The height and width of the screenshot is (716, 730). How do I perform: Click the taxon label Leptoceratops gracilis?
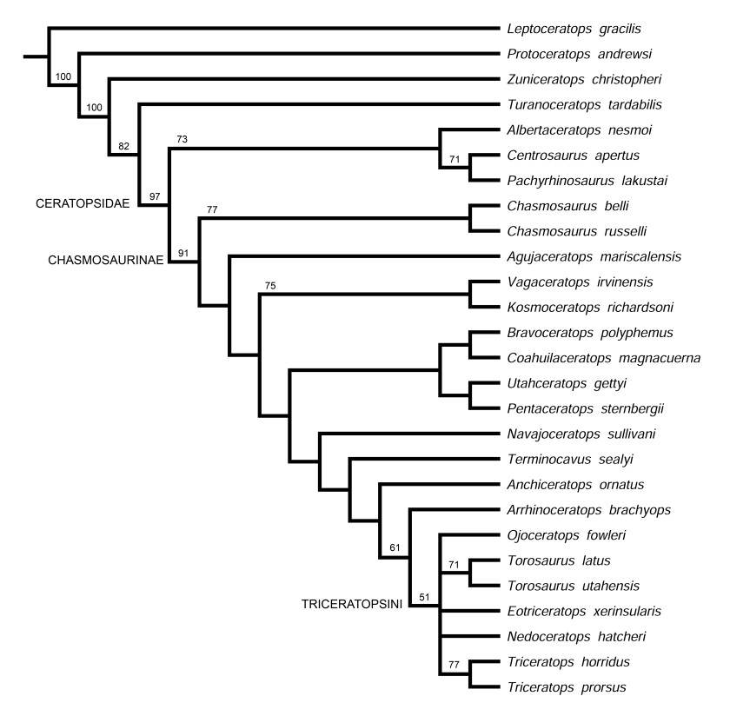coord(561,29)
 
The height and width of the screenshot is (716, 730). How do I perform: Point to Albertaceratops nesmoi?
coord(567,130)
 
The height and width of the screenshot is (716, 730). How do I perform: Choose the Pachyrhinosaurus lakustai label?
coord(576,181)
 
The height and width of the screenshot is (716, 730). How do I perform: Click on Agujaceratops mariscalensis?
coord(581,256)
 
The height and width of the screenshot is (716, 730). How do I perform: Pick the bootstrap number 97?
coord(155,197)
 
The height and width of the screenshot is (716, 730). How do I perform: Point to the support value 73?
coord(182,138)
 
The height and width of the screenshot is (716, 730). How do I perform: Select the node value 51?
coord(424,597)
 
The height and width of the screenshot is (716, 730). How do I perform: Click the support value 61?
coord(395,547)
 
